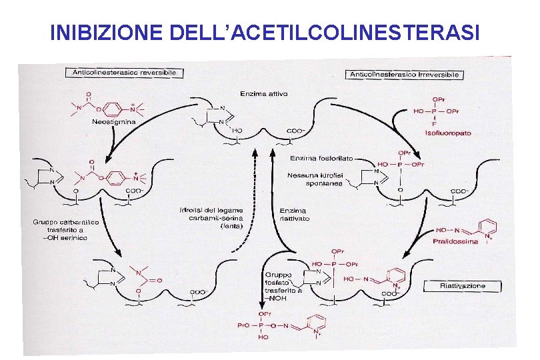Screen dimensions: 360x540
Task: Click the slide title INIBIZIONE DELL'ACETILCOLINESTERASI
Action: pyautogui.click(x=265, y=31)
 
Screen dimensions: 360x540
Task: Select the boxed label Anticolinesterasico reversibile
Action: pyautogui.click(x=125, y=72)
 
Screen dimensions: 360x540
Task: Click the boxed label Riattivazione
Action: pyautogui.click(x=463, y=286)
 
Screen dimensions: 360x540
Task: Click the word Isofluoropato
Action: pyautogui.click(x=447, y=133)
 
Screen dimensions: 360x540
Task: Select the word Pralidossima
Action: pyautogui.click(x=455, y=241)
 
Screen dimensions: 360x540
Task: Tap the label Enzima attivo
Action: pyautogui.click(x=265, y=94)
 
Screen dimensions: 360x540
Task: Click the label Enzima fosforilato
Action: pyautogui.click(x=325, y=159)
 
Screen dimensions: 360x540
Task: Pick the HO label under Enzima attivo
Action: pyautogui.click(x=238, y=130)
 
